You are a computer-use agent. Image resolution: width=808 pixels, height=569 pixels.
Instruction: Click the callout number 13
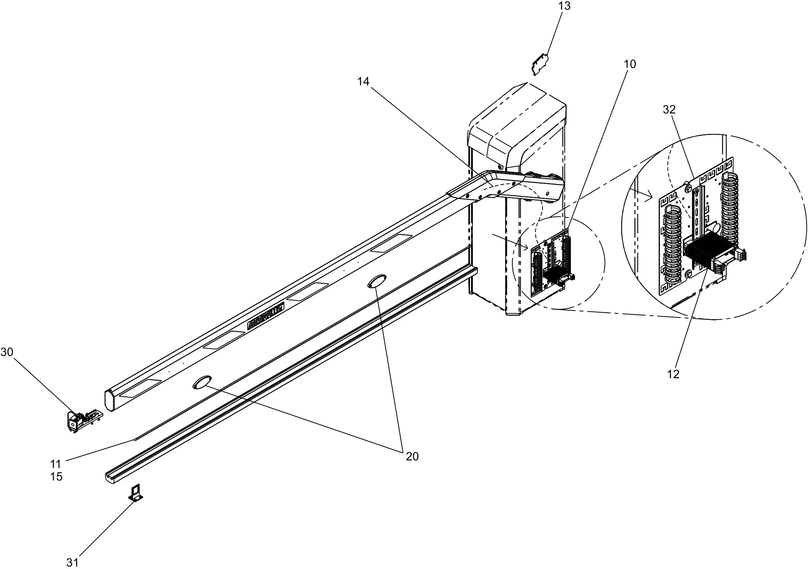coord(564,6)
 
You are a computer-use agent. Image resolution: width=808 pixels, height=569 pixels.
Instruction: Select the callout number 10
coord(630,64)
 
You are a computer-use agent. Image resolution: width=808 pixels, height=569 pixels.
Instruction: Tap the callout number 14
coord(363,82)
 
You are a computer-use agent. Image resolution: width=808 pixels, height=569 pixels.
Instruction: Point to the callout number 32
coord(669,110)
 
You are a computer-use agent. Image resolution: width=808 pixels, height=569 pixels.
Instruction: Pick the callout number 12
coord(673,374)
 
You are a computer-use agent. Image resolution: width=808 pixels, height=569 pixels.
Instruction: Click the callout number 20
coord(412,457)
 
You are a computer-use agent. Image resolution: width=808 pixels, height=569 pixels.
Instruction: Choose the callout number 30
coord(7,352)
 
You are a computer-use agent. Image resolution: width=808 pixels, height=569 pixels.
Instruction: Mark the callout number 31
coord(72,562)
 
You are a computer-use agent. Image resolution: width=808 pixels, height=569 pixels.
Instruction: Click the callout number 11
coord(55,464)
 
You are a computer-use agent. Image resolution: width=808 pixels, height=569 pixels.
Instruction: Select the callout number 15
coord(56,477)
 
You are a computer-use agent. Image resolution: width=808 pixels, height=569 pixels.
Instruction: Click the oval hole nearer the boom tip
coord(202,382)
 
